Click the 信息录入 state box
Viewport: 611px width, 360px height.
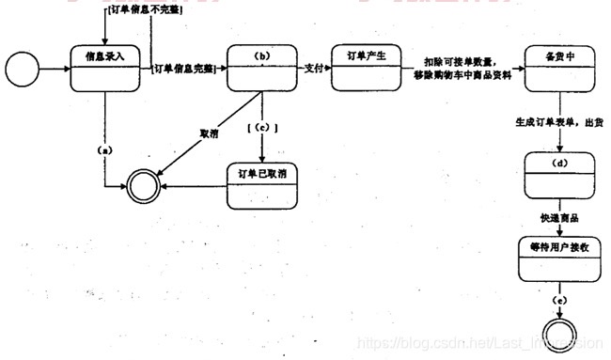[109, 69]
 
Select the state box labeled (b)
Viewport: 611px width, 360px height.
[262, 69]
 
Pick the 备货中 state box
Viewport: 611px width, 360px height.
[561, 69]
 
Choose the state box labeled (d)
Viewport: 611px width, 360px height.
[561, 175]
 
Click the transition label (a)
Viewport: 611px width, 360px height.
[104, 150]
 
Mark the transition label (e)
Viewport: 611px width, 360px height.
[561, 300]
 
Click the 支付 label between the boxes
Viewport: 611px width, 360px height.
[315, 69]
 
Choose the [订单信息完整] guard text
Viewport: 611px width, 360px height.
[183, 69]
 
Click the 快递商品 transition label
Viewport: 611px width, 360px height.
[559, 218]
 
